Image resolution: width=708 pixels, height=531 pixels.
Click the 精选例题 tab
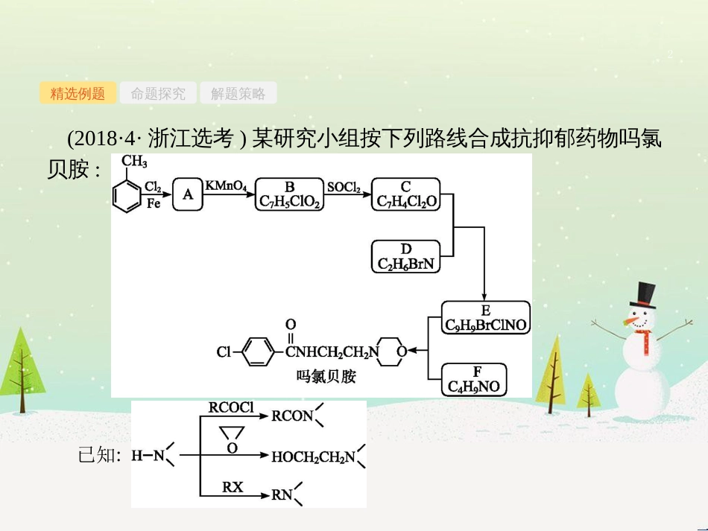click(x=78, y=93)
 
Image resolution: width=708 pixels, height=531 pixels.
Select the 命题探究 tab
click(x=158, y=93)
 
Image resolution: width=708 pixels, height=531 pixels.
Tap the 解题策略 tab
click(x=238, y=93)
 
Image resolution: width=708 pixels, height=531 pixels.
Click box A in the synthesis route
click(x=188, y=194)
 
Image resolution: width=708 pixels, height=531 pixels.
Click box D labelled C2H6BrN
click(x=406, y=256)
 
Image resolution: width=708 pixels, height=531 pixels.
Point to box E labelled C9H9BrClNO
click(x=485, y=317)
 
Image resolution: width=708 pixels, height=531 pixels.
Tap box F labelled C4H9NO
click(x=474, y=379)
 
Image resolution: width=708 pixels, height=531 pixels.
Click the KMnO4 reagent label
click(x=227, y=185)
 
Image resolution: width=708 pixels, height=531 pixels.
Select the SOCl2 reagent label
click(x=344, y=185)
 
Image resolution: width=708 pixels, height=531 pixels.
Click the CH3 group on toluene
click(x=134, y=162)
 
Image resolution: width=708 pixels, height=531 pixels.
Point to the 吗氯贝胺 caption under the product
click(x=326, y=377)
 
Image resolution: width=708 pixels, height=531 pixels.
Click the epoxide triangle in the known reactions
click(x=232, y=434)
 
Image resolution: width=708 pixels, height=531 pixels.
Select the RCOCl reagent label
click(x=231, y=407)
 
